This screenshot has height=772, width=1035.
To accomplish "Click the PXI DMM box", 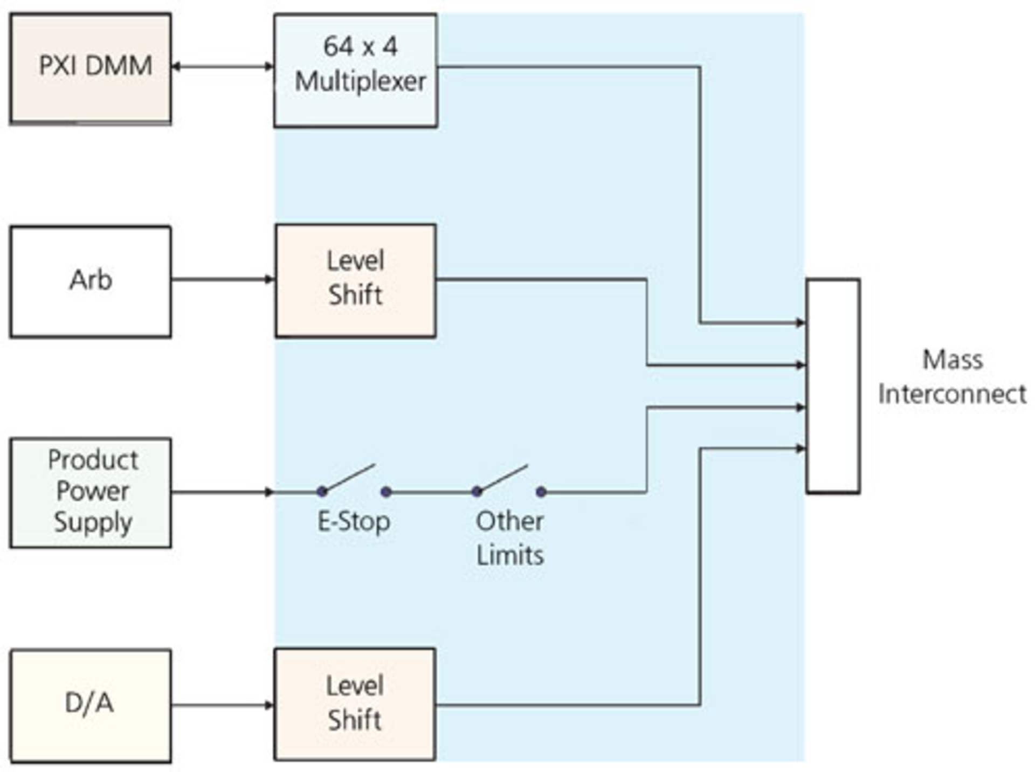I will click(x=91, y=68).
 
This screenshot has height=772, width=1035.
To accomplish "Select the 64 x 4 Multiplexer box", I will click(x=355, y=70).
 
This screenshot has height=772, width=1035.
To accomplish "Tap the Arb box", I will click(x=91, y=281).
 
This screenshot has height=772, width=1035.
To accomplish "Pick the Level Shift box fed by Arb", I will click(x=355, y=280).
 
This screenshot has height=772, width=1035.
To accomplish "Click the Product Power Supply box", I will click(x=91, y=492).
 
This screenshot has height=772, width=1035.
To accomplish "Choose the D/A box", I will click(x=91, y=705).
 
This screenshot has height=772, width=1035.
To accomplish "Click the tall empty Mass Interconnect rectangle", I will click(x=832, y=385).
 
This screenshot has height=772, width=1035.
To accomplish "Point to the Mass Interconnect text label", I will click(x=952, y=376).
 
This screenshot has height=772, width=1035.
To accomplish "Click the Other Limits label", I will click(x=510, y=538).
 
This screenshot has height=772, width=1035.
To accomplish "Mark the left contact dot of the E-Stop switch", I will click(x=322, y=491).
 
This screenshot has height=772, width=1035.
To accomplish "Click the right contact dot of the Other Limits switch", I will click(x=541, y=491).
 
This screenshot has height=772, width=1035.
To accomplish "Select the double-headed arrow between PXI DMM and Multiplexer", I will click(x=222, y=67).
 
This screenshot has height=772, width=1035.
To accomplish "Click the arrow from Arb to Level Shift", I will click(x=222, y=279).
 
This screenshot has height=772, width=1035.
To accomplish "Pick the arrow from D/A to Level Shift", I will click(x=222, y=705).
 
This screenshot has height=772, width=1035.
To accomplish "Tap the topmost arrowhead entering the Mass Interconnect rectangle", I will click(x=800, y=323).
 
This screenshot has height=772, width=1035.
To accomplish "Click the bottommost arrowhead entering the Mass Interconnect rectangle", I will click(x=800, y=449).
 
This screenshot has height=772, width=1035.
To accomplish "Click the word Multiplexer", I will click(x=360, y=82).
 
